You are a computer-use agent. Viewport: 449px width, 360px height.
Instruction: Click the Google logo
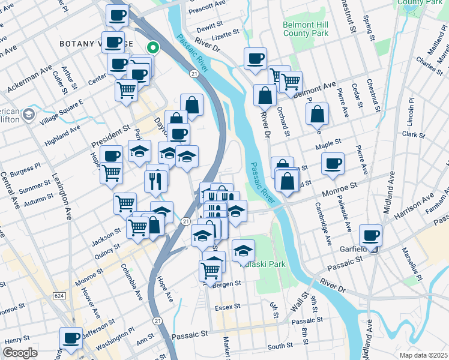[x=20, y=353]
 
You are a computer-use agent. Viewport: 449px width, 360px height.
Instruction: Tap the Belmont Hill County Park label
[x=306, y=29]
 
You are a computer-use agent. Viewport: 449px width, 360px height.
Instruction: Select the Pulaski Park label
[x=262, y=264]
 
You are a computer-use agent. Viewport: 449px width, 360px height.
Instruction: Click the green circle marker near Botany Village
[x=153, y=46]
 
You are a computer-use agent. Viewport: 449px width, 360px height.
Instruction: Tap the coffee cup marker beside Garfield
[x=370, y=235]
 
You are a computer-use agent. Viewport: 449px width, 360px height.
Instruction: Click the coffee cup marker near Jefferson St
[x=71, y=337]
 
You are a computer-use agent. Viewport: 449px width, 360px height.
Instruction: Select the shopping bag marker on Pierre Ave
[x=317, y=114]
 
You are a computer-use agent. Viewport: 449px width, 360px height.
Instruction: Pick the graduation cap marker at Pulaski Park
[x=243, y=250]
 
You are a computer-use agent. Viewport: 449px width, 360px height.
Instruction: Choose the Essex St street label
[x=228, y=306]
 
